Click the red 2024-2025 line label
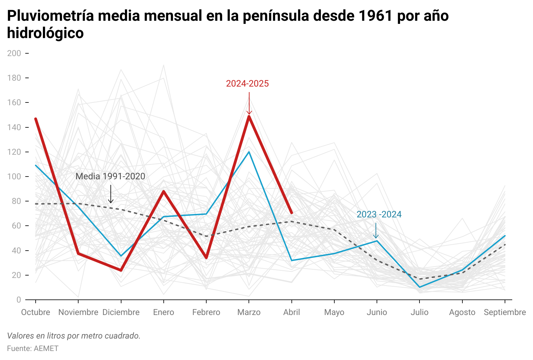(x=247, y=84)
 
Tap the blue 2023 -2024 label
(x=379, y=215)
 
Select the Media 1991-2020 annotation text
(x=110, y=176)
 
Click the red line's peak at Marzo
(x=249, y=116)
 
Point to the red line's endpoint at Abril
(x=291, y=213)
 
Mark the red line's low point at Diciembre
(x=121, y=270)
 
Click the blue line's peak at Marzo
(x=249, y=152)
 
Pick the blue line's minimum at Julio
(x=419, y=287)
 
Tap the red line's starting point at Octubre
(x=36, y=119)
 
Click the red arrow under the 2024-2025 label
(x=249, y=103)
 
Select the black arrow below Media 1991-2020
(x=111, y=194)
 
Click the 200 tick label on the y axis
(x=14, y=53)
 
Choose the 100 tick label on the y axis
(x=14, y=177)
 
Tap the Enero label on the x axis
(x=163, y=312)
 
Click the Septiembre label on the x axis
(x=505, y=312)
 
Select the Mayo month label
(x=334, y=312)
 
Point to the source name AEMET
(x=46, y=349)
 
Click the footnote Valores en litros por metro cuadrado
(x=74, y=336)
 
